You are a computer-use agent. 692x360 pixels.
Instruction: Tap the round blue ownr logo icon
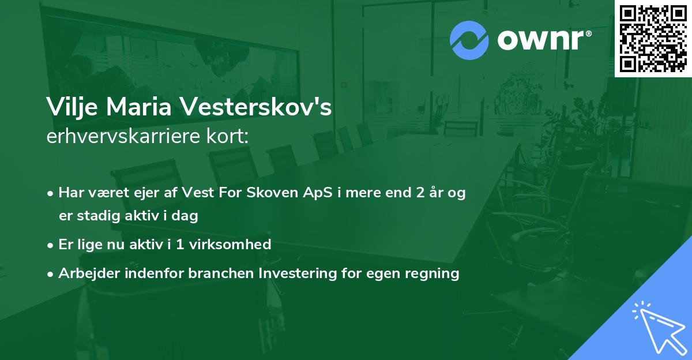tap(469, 40)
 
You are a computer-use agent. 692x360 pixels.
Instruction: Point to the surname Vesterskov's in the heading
tap(256, 108)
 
